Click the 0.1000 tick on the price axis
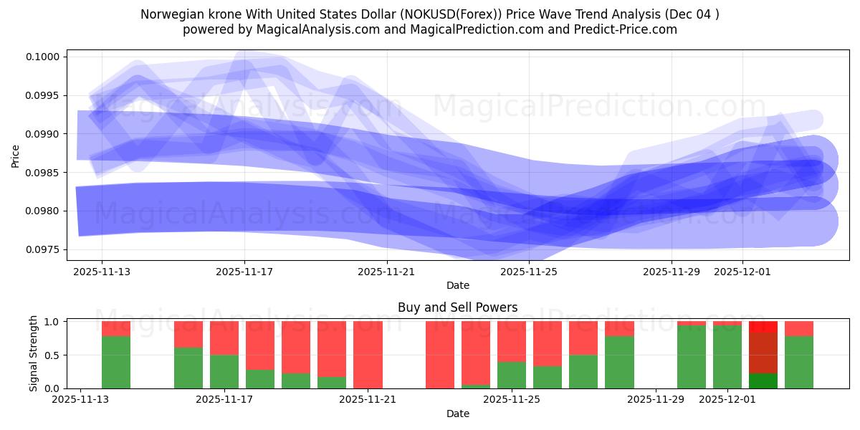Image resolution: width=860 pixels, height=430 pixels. pos(47,57)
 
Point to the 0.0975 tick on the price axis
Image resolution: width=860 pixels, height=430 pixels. pos(47,249)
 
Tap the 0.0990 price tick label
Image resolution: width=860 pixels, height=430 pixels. pos(47,134)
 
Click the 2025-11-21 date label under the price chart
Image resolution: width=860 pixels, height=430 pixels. pos(387,272)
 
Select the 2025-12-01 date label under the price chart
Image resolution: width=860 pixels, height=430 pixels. pos(742,272)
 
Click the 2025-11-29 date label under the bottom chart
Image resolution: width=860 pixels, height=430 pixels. pos(656,400)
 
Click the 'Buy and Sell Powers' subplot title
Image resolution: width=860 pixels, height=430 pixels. pos(457,307)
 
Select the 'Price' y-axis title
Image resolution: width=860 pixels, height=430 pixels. pos(16,155)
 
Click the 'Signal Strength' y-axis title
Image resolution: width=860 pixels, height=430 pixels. pos(33,354)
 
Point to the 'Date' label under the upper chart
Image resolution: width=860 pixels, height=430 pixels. pos(457,285)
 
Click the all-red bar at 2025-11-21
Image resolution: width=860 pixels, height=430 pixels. pos(368,355)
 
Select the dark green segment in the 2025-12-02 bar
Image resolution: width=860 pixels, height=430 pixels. pos(763,381)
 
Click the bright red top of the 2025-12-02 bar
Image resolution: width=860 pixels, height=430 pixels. pos(763,326)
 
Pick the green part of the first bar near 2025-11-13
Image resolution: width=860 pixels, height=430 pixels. pos(116,362)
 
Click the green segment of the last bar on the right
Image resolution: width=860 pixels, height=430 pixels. pos(799,362)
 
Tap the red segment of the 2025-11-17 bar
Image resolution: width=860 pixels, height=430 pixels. pos(224,337)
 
